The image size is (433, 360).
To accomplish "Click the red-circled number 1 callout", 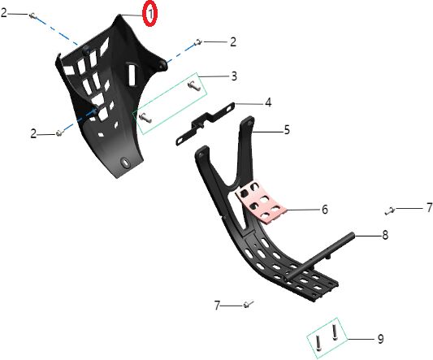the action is pos(150,14).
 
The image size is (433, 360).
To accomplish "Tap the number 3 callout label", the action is pos(234,76).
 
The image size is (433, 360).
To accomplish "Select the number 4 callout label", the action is pos(268,102).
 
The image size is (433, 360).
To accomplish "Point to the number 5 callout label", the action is pos(287,130).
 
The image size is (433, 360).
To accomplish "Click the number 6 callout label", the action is pos(325,210).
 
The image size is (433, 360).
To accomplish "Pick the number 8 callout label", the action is pos(385,235).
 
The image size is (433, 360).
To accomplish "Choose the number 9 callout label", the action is pos(380,339).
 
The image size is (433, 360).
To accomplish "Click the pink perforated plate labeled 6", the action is pos(260,202).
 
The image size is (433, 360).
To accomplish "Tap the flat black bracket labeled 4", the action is pos(206,124).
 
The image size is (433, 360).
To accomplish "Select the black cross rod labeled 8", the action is pos(319,258).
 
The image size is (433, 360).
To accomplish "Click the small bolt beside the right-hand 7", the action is pos(390,210).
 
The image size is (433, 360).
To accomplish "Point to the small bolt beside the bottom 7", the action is pos(249,305).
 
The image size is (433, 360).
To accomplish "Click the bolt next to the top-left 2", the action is pos(32,15).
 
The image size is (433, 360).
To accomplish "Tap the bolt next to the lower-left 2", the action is pos(60,132).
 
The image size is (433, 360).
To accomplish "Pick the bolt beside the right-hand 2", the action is pos(198,42).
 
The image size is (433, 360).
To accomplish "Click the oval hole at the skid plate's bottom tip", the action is pos(126,163).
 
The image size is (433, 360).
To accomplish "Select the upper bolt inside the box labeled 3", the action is pos(193,85).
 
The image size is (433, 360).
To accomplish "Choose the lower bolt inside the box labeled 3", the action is pos(145,118).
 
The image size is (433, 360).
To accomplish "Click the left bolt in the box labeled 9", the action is pos(318,344).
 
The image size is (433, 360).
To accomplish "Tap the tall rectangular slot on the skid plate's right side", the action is pos(133,74).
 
